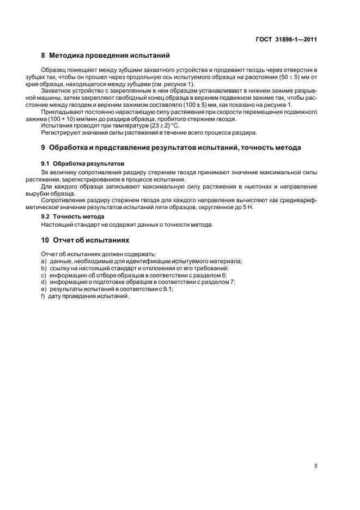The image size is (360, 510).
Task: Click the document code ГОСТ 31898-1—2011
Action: [x=286, y=39]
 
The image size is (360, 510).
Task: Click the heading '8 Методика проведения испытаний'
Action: [x=106, y=56]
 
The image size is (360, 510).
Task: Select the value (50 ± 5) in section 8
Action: [x=298, y=77]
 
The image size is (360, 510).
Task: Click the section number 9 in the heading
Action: [x=44, y=148]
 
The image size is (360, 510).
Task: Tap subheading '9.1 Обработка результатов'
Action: [x=83, y=163]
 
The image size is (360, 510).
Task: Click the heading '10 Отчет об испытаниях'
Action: [x=86, y=240]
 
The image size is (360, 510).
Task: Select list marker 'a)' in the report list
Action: [x=44, y=261]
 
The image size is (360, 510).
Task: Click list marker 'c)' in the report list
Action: [x=44, y=275]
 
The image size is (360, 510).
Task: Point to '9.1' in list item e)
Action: [x=168, y=289]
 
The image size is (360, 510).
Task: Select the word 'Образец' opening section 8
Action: [x=53, y=70]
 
